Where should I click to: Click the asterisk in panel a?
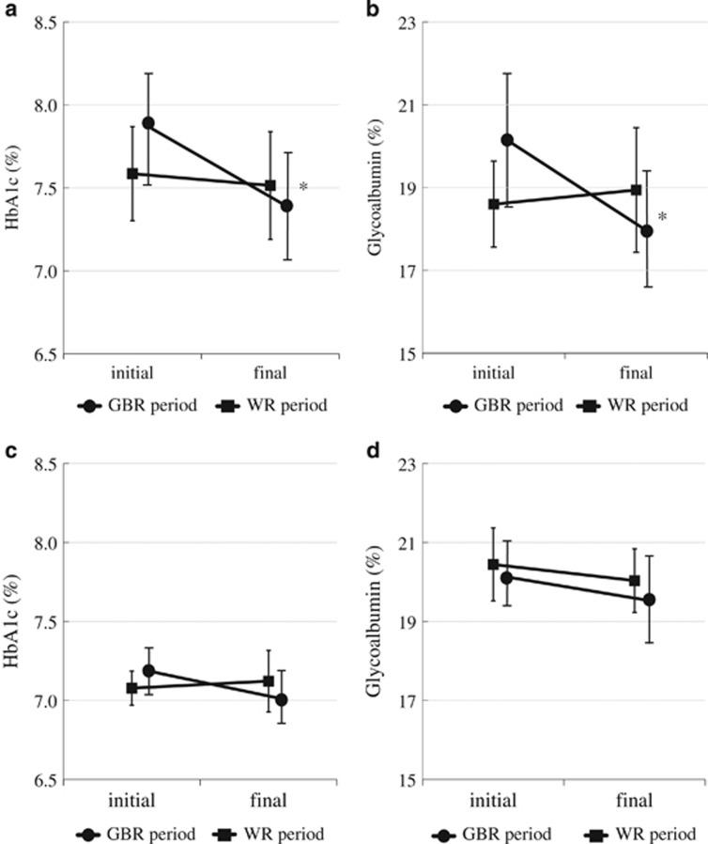point(303,188)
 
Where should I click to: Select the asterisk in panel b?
point(662,217)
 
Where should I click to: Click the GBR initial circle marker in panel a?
point(148,123)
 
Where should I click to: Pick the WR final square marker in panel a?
point(270,185)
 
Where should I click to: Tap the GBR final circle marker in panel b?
point(647,231)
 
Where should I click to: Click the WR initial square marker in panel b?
point(494,204)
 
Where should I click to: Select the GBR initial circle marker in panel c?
point(148,671)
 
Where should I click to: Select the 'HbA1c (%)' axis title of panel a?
point(13,188)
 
